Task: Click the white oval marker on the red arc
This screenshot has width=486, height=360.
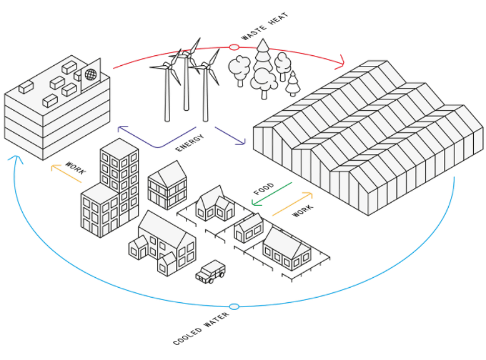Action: click(234, 47)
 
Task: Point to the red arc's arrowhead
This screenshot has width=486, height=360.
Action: click(340, 60)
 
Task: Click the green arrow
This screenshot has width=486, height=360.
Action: click(272, 194)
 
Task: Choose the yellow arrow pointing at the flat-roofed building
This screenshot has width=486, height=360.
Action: click(66, 174)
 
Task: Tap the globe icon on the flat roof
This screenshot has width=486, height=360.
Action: click(90, 75)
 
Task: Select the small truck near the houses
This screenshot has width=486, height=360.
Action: click(210, 271)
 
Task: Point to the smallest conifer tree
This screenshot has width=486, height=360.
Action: click(293, 84)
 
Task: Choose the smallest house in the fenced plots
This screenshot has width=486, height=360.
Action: click(249, 229)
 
